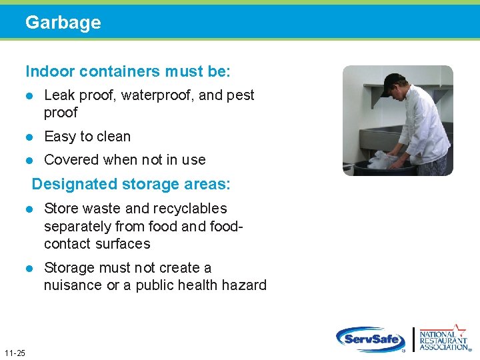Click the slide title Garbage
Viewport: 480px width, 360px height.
63,23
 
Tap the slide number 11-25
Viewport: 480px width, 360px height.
14,353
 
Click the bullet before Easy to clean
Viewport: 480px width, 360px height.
29,137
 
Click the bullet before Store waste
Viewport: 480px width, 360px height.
29,209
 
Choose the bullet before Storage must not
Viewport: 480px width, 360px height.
29,268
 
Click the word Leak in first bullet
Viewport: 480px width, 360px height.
59,95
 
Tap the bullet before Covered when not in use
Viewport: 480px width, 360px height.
29,160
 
